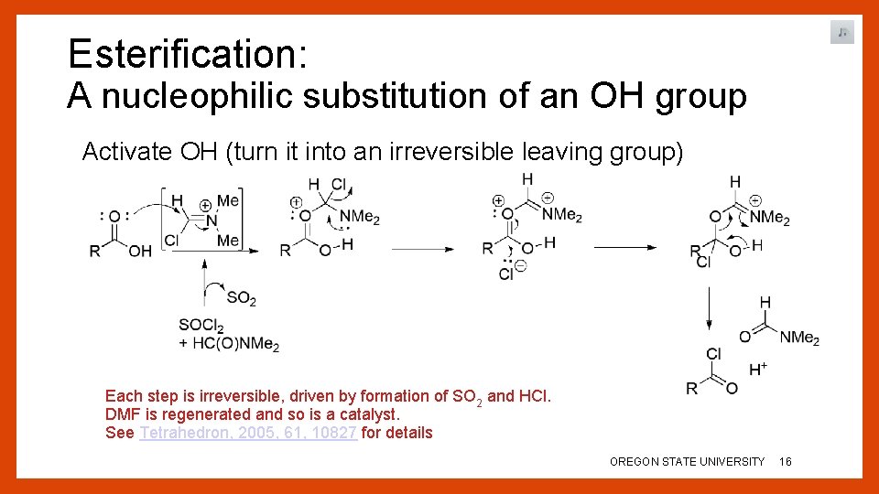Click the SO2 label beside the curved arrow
pyautogui.click(x=242, y=298)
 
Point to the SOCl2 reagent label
pyautogui.click(x=201, y=327)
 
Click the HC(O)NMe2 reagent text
pyautogui.click(x=235, y=345)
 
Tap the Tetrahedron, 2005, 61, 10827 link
pyautogui.click(x=247, y=433)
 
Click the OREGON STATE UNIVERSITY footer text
pyautogui.click(x=687, y=462)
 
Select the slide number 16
pyautogui.click(x=786, y=462)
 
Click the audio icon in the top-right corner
pyautogui.click(x=842, y=33)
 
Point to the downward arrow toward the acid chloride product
pyautogui.click(x=709, y=311)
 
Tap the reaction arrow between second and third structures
pyautogui.click(x=425, y=248)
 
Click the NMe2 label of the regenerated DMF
pyautogui.click(x=799, y=338)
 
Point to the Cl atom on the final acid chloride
pyautogui.click(x=714, y=354)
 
